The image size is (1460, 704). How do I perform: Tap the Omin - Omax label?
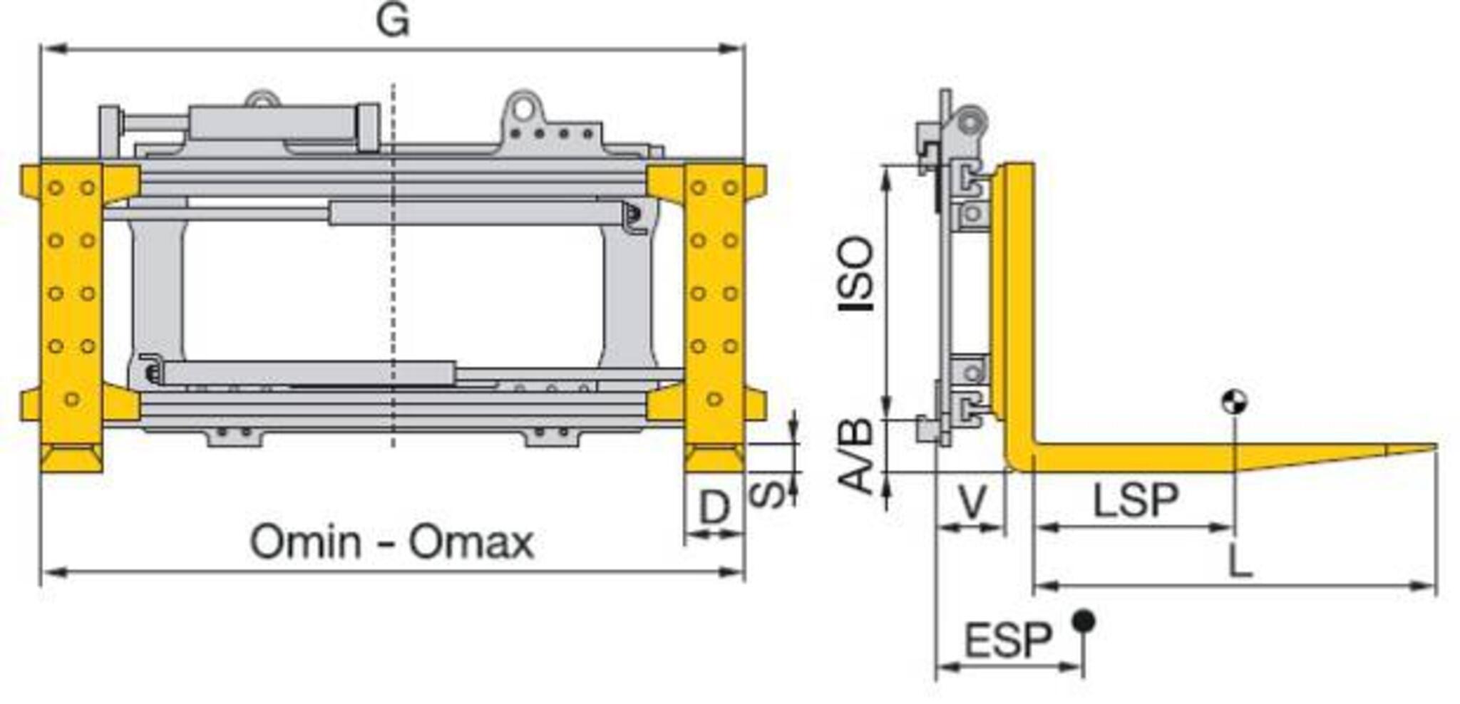tap(391, 542)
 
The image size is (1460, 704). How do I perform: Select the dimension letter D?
tap(715, 507)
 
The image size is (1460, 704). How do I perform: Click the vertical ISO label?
tap(855, 274)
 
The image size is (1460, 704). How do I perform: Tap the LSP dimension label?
tap(1136, 500)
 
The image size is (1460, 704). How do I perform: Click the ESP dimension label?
tap(1008, 640)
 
